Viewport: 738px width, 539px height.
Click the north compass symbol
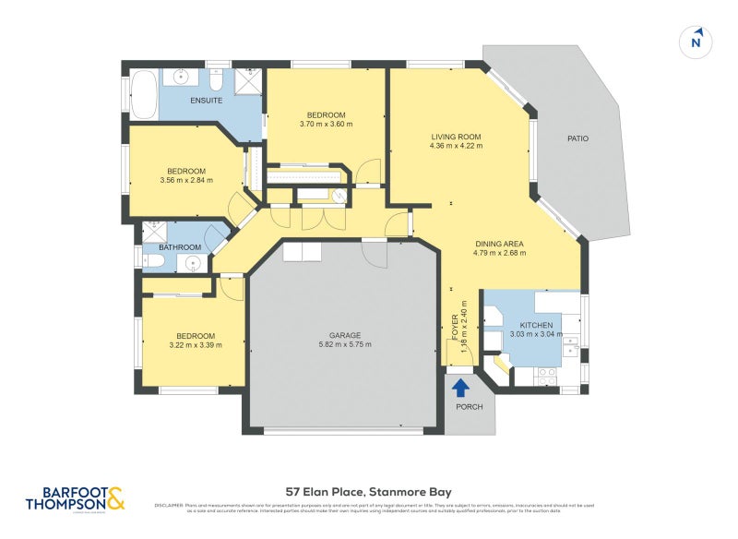point(696,42)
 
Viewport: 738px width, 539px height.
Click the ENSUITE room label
point(207,100)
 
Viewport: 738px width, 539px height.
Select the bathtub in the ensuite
point(143,95)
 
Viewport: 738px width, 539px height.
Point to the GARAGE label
point(345,335)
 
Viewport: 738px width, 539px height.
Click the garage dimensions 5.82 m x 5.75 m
point(345,345)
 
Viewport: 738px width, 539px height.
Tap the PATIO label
point(577,138)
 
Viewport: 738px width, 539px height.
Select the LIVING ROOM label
point(456,137)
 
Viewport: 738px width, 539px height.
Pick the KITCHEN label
point(536,326)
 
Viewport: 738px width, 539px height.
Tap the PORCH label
point(470,407)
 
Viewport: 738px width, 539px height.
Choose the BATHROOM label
point(180,247)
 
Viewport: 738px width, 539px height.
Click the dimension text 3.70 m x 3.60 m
point(326,124)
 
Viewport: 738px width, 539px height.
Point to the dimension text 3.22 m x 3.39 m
point(196,346)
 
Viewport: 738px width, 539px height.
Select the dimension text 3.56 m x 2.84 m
point(186,181)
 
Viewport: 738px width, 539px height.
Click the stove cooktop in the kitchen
point(546,375)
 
